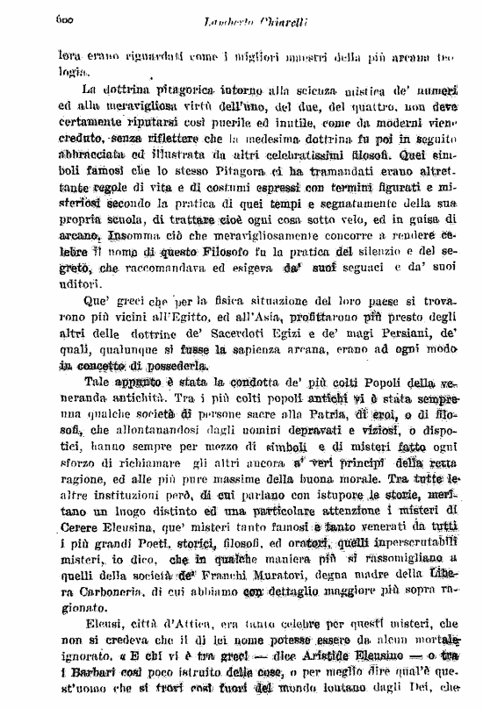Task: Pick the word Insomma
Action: tap(123, 234)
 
